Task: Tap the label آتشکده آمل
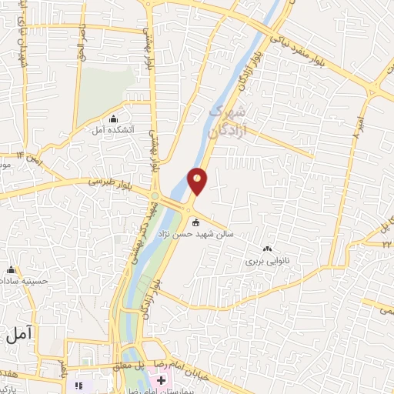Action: [x=112, y=130]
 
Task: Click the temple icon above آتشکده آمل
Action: [x=114, y=119]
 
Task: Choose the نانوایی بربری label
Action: [x=265, y=261]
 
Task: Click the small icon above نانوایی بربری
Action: [x=267, y=249]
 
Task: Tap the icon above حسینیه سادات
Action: [x=11, y=270]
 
